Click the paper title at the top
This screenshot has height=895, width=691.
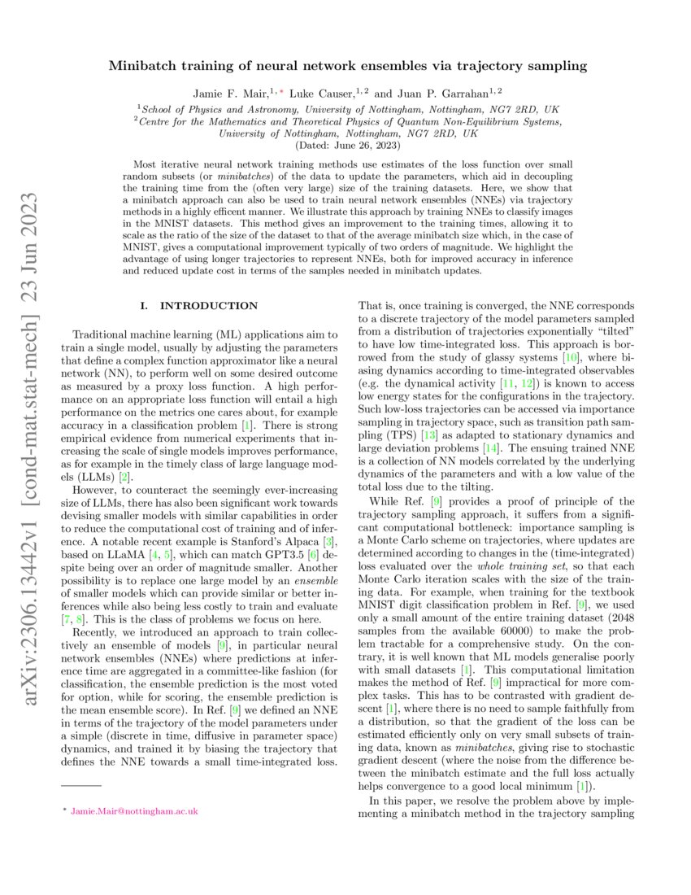coord(348,65)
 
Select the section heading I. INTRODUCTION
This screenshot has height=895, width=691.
coord(199,306)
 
